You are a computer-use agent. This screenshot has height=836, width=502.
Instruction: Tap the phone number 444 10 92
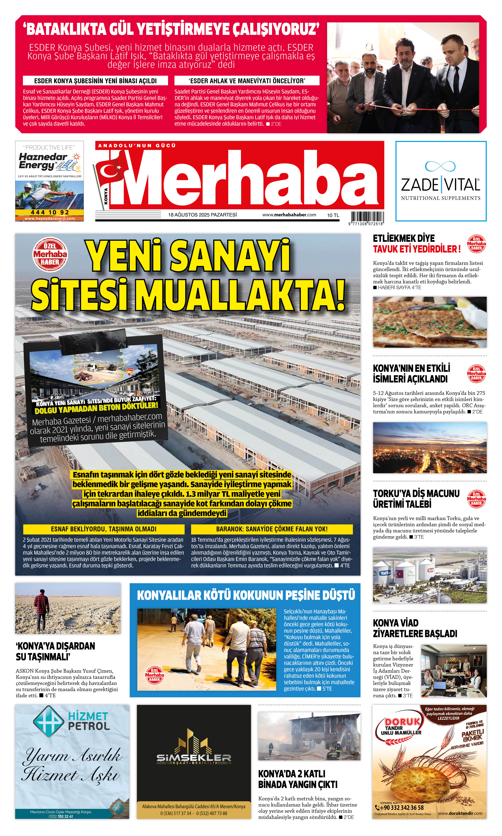(49, 212)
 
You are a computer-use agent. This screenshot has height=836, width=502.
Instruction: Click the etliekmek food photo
(430, 322)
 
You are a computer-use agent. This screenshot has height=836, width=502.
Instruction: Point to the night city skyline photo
(430, 447)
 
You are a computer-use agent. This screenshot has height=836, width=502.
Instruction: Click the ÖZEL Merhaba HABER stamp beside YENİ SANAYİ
(50, 254)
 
